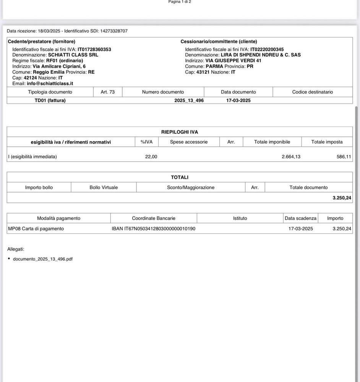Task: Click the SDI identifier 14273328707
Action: [114, 31]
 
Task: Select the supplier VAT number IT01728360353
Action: [94, 49]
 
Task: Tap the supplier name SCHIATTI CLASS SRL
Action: [73, 55]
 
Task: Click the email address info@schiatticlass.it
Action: [50, 83]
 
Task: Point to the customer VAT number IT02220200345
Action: [267, 49]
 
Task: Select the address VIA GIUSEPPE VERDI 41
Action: [234, 61]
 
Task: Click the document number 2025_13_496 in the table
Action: [189, 100]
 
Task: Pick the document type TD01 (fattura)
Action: [50, 100]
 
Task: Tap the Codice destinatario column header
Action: [312, 92]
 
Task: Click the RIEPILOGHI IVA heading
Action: [180, 132]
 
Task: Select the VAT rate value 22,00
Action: [151, 157]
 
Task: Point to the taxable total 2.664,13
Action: [291, 157]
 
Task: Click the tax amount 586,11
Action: [344, 157]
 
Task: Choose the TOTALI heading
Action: [180, 177]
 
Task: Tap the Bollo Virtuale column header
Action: [104, 188]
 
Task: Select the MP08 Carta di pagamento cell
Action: [36, 229]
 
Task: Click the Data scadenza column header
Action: [300, 219]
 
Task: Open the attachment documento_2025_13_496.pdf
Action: [43, 259]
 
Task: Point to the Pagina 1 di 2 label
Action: [180, 2]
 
